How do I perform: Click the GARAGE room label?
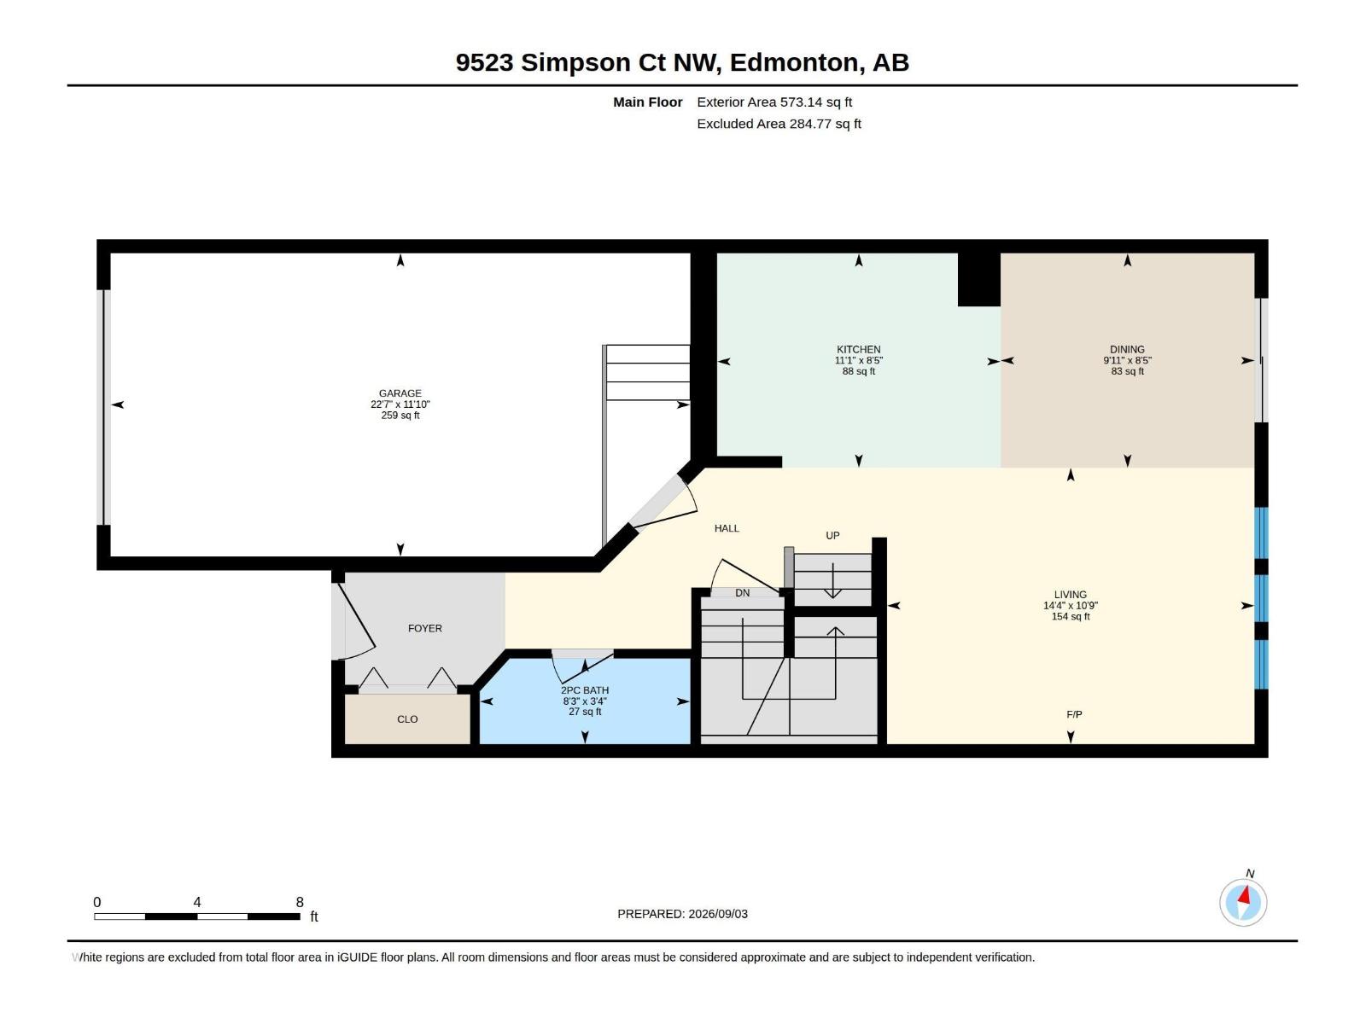pyautogui.click(x=400, y=393)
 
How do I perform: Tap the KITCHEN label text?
pyautogui.click(x=858, y=349)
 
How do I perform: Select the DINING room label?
pyautogui.click(x=1127, y=349)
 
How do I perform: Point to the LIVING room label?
pyautogui.click(x=1071, y=595)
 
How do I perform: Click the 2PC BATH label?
pyautogui.click(x=584, y=690)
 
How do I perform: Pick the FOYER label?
pyautogui.click(x=425, y=629)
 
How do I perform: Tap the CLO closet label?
pyautogui.click(x=407, y=719)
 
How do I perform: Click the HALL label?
pyautogui.click(x=727, y=528)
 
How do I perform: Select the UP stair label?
pyautogui.click(x=832, y=535)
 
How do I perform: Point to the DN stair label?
pyautogui.click(x=743, y=593)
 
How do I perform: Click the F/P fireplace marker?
pyautogui.click(x=1074, y=714)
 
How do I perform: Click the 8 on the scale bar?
pyautogui.click(x=300, y=902)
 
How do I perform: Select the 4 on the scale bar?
pyautogui.click(x=197, y=902)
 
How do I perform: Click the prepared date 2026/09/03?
pyautogui.click(x=718, y=914)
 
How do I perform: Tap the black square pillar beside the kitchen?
pyautogui.click(x=979, y=280)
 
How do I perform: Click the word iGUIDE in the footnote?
pyautogui.click(x=358, y=957)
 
